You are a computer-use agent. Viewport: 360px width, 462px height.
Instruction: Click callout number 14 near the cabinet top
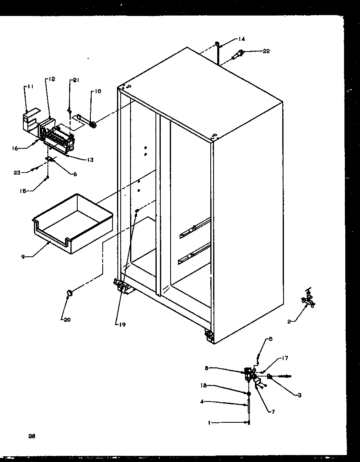[x=242, y=39]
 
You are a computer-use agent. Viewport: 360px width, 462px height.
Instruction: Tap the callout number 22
[x=266, y=51]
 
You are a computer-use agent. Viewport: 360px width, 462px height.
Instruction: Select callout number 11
[x=30, y=87]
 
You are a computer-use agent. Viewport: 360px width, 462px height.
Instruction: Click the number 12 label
[x=52, y=79]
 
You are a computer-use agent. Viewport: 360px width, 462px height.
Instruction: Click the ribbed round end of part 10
[x=94, y=125]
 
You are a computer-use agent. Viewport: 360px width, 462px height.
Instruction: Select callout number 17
[x=285, y=359]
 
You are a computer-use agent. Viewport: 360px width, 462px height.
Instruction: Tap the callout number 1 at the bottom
[x=209, y=423]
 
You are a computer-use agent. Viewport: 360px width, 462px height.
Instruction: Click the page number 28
[x=32, y=436]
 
